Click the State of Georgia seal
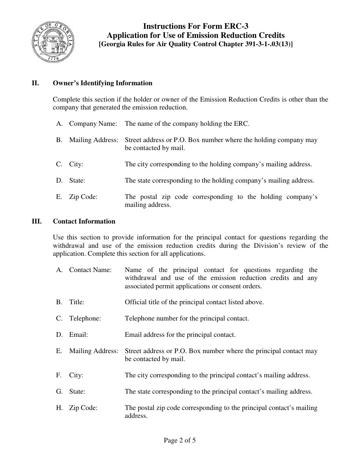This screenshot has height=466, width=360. [53, 43]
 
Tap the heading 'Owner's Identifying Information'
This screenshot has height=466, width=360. [102, 83]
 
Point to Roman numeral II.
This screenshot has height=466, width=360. [35, 83]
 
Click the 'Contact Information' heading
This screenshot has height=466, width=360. [84, 221]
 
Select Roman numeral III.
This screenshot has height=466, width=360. [36, 221]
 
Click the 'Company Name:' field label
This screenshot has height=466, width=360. [93, 124]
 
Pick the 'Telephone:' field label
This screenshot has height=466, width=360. [85, 318]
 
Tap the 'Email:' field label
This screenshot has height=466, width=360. [78, 335]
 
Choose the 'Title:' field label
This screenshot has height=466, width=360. [77, 302]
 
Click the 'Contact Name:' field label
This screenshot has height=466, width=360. [90, 270]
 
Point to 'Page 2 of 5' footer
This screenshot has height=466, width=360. [180, 440]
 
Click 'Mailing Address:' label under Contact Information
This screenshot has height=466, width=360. [94, 351]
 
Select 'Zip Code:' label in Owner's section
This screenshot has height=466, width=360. [83, 197]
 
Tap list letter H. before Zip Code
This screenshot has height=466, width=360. [59, 408]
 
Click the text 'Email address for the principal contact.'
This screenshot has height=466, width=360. [180, 335]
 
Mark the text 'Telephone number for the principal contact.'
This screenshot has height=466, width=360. [187, 318]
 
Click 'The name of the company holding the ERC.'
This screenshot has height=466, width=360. [187, 124]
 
